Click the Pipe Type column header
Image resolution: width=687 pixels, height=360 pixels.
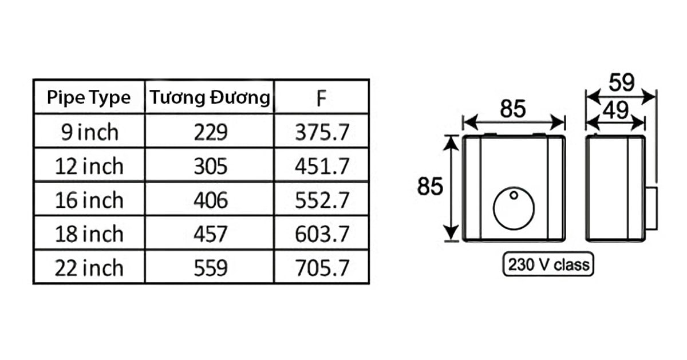89,98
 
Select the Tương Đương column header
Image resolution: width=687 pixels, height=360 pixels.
210,97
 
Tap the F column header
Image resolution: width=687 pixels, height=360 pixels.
321,98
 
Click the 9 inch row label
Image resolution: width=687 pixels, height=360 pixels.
89,132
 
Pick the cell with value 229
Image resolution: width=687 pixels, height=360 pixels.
211,132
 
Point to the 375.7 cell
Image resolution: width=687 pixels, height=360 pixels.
322,132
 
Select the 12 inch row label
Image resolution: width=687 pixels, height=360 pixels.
89,166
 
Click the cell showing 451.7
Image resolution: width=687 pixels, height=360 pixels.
322,166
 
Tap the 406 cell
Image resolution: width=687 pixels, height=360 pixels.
211,200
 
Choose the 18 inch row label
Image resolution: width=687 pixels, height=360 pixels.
89,234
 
